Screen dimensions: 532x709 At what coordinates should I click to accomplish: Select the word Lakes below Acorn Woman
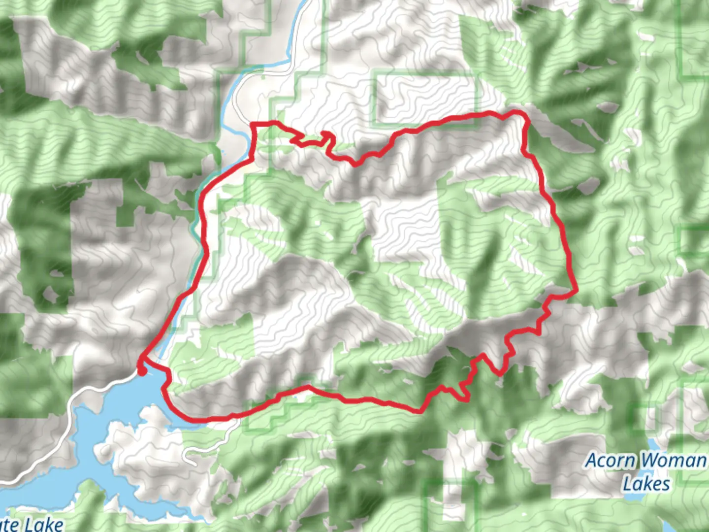[646, 484]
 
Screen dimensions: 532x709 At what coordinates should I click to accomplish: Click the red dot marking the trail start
[141, 371]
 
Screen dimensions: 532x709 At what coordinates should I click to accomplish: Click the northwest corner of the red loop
[254, 124]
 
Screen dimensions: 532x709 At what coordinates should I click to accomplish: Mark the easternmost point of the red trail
[576, 291]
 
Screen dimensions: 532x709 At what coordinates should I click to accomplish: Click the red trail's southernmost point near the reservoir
[197, 420]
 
